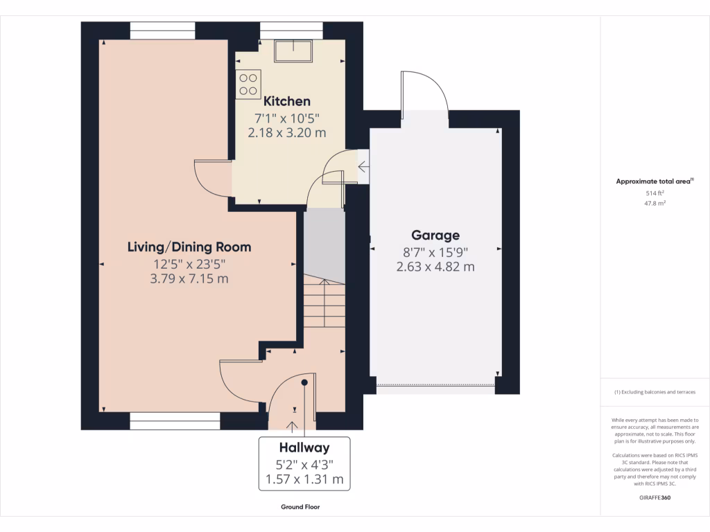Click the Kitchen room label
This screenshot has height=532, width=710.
(x=286, y=101)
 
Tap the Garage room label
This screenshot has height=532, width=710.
(x=435, y=236)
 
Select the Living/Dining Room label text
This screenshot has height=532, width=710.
(x=189, y=247)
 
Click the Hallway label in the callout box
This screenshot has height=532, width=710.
(x=304, y=447)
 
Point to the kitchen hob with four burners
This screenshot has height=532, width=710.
(x=248, y=84)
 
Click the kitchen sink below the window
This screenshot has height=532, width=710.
(x=293, y=51)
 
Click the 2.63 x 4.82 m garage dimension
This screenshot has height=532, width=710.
(x=435, y=267)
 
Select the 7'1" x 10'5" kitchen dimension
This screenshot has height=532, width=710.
(x=286, y=118)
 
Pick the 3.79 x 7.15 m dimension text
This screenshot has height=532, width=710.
(x=189, y=278)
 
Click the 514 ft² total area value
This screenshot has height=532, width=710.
(x=655, y=193)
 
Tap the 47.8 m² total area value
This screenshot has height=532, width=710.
(x=655, y=203)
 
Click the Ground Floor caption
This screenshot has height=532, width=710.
(x=300, y=506)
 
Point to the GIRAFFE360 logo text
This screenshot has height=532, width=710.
(x=655, y=497)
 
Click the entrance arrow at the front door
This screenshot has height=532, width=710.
(x=292, y=427)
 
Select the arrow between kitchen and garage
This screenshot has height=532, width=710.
(x=363, y=167)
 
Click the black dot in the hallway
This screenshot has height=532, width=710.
(x=304, y=382)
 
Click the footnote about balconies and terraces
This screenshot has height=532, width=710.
(x=655, y=392)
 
